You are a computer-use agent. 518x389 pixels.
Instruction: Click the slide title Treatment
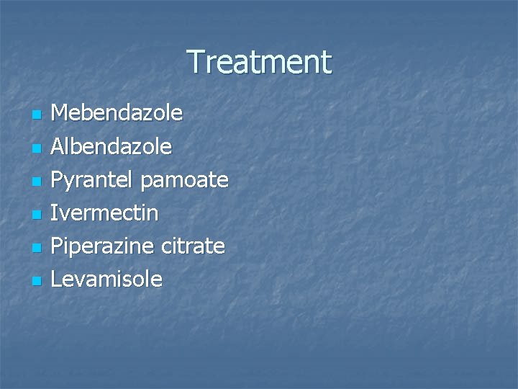click(x=259, y=62)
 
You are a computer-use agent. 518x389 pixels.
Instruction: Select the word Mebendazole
click(x=117, y=113)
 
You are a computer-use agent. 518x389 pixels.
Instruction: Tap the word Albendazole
click(x=112, y=146)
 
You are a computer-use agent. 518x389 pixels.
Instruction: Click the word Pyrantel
click(x=94, y=180)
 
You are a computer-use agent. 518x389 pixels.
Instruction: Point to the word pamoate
click(x=185, y=180)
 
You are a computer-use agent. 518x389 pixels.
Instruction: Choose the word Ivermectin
click(x=106, y=213)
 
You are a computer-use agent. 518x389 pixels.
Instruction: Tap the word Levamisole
click(x=108, y=279)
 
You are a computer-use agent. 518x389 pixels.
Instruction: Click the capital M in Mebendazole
click(x=63, y=113)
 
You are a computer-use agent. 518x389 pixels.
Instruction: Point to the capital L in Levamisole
click(x=58, y=279)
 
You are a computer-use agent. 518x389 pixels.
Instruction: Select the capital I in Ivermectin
click(x=56, y=213)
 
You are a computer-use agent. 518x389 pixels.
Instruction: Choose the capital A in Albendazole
click(x=60, y=146)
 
